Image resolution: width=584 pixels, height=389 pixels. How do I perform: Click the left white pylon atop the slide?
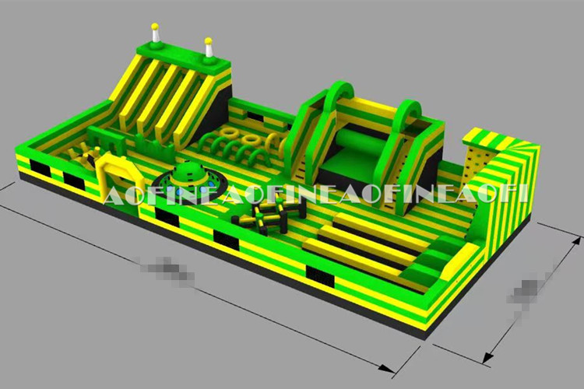click(157, 33)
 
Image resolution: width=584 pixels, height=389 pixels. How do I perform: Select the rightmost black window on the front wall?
click(318, 275)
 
